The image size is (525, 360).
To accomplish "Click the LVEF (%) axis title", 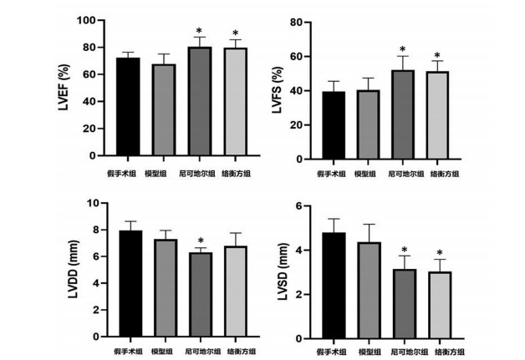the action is tap(64, 88).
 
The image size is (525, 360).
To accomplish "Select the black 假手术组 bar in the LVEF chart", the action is tap(128, 107).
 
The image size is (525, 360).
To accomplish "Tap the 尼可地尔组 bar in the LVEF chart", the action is tap(200, 101).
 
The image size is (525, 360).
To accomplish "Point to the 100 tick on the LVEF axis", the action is tap(86, 20).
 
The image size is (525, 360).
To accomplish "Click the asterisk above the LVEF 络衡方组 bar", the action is tap(236, 33).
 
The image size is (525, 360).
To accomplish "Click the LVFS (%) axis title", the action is tap(278, 90).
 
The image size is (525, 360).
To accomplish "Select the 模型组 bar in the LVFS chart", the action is tap(368, 124).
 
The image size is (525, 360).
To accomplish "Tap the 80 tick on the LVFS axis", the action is tap(296, 23).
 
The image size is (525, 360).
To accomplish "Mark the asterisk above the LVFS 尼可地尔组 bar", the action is tap(402, 49).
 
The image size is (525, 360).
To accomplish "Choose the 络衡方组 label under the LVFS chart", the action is tap(444, 174).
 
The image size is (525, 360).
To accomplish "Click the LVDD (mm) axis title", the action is tap(73, 269).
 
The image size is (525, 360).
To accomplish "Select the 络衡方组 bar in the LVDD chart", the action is tap(236, 291).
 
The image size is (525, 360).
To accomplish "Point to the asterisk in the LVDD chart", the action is tap(201, 241).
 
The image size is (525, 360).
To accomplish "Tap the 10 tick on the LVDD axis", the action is tap(94, 203).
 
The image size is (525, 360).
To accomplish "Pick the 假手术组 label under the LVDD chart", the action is tap(128, 352).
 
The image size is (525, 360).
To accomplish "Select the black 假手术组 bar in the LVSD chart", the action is tap(334, 286).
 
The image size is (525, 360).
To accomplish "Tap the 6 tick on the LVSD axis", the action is tap(299, 205).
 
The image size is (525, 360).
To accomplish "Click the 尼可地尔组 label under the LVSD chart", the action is tap(410, 352).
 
